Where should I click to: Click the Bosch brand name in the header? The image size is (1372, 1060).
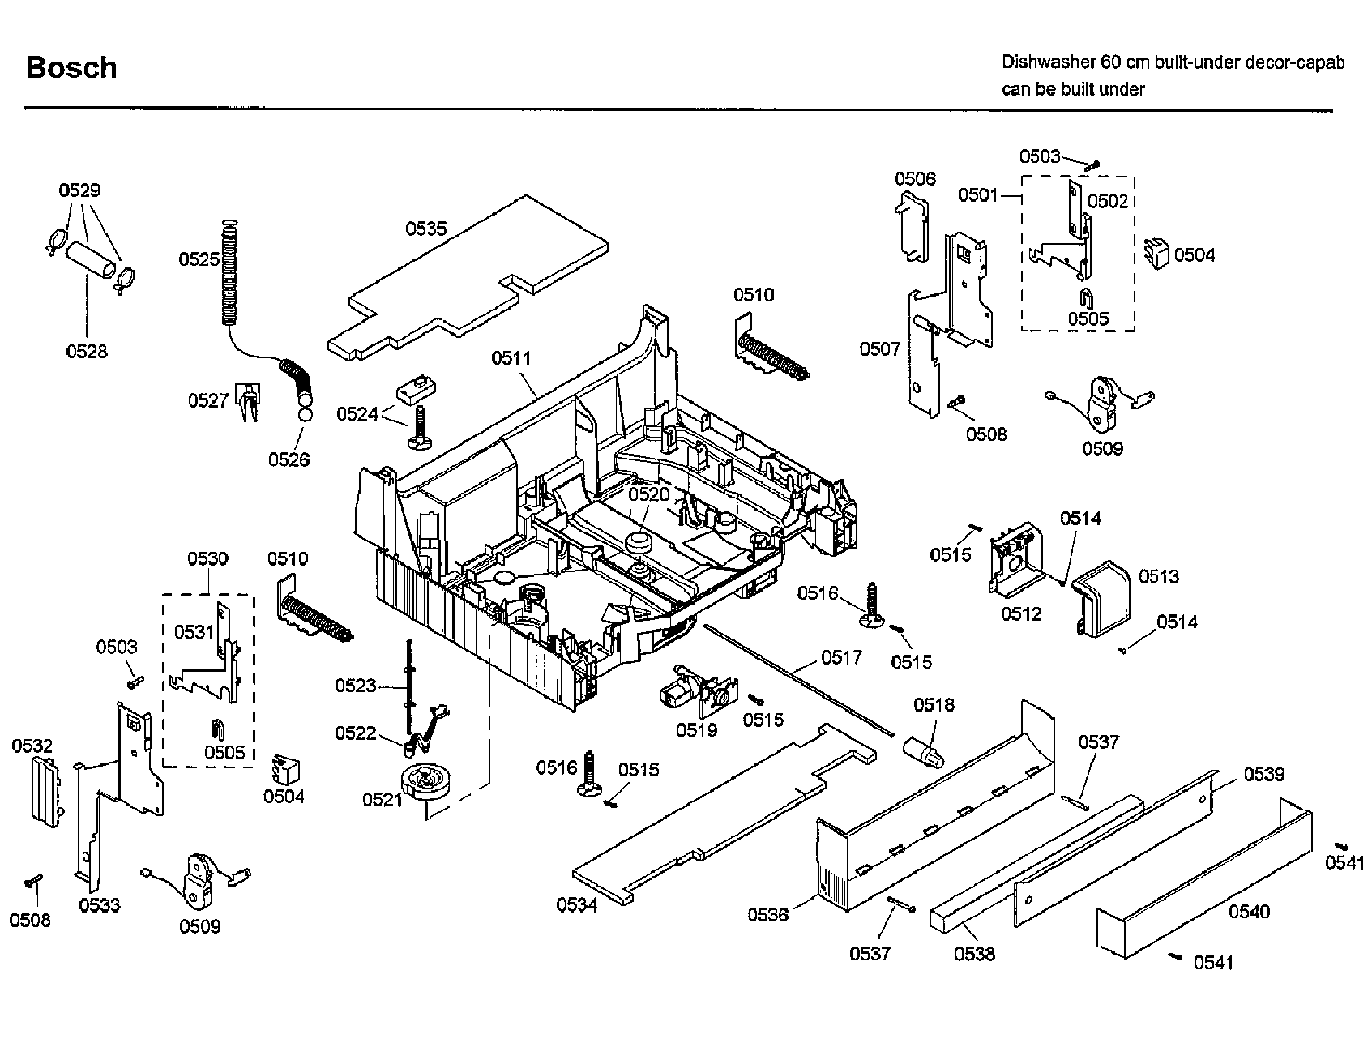[71, 67]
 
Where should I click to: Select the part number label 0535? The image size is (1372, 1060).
[426, 229]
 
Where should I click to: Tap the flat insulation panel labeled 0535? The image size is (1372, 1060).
[470, 276]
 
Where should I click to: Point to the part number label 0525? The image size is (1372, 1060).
[199, 259]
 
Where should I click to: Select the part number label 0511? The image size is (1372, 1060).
[511, 358]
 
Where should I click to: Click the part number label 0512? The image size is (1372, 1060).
[1021, 613]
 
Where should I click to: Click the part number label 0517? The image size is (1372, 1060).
[842, 657]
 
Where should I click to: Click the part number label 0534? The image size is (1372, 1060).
[577, 905]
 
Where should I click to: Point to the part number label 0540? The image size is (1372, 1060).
[1249, 912]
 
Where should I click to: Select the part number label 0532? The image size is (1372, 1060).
[32, 746]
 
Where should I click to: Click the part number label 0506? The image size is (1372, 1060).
[915, 178]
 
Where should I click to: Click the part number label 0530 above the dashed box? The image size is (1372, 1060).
[208, 558]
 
